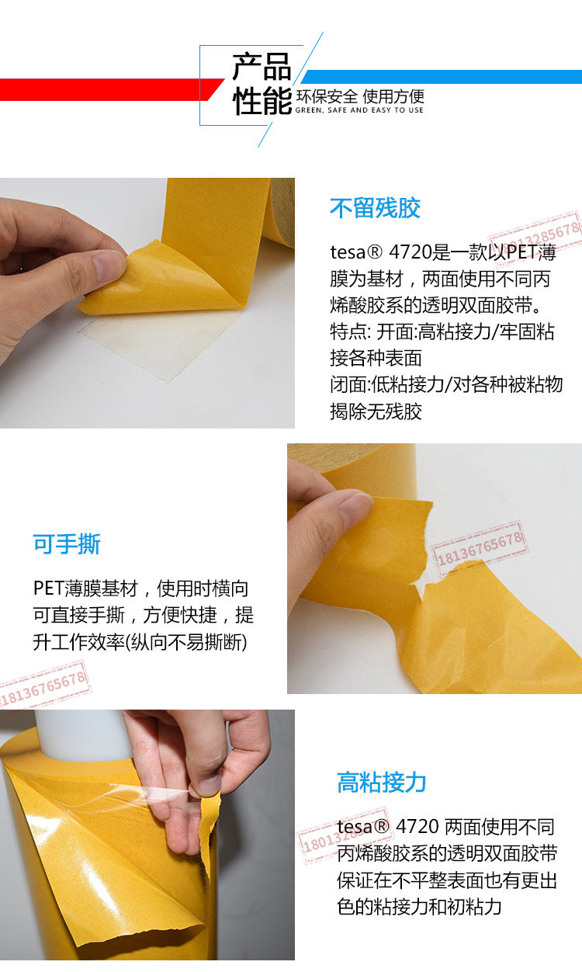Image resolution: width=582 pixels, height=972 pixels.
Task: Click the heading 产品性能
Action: coord(262,84)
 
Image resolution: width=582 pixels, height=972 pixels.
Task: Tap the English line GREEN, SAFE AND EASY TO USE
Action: coord(359,110)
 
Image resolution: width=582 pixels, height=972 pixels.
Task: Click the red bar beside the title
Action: coord(111,89)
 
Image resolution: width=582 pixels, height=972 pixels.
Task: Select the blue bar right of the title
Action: coord(442,77)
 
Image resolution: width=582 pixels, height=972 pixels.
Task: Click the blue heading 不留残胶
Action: coord(375,208)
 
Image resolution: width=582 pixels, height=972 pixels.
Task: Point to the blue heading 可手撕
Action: coord(67,543)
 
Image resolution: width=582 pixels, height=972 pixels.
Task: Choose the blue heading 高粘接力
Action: coord(382,783)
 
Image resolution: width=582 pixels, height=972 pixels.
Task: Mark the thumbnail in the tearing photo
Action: coord(356,508)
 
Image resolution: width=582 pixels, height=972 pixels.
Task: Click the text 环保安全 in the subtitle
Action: coord(326,96)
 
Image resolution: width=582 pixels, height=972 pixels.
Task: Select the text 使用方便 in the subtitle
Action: coord(393,96)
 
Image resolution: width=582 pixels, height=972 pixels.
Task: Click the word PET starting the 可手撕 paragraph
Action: coord(49,588)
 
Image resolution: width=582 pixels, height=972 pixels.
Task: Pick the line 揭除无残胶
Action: coord(376,411)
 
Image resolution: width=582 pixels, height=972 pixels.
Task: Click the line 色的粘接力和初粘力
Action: coord(419,907)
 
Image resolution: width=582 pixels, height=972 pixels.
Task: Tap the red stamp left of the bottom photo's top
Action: coord(44,686)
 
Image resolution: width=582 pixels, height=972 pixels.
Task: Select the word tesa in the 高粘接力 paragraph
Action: coord(355,827)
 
